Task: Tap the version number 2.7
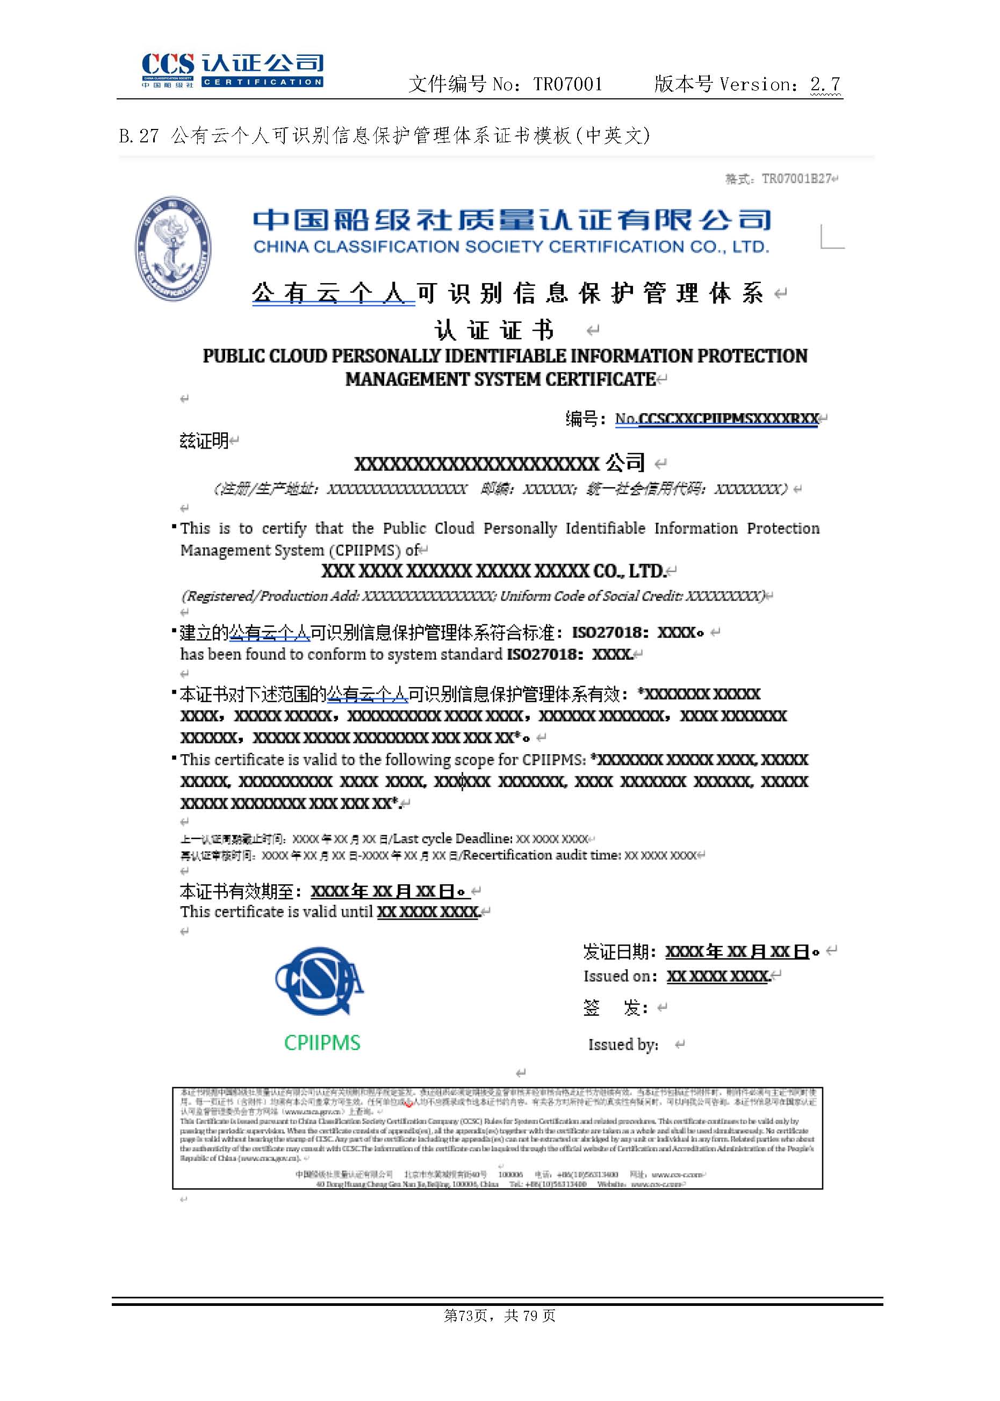click(x=825, y=84)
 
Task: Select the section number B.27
click(x=139, y=136)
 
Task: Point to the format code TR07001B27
click(x=796, y=179)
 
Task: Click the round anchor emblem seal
click(x=173, y=248)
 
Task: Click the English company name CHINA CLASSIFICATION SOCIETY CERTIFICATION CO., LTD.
click(x=511, y=247)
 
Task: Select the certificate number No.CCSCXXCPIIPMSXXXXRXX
click(x=716, y=419)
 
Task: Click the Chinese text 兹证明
click(x=204, y=440)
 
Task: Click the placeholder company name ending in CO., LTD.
click(x=493, y=571)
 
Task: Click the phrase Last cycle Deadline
click(x=452, y=839)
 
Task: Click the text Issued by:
click(x=623, y=1045)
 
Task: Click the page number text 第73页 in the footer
click(x=465, y=1316)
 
